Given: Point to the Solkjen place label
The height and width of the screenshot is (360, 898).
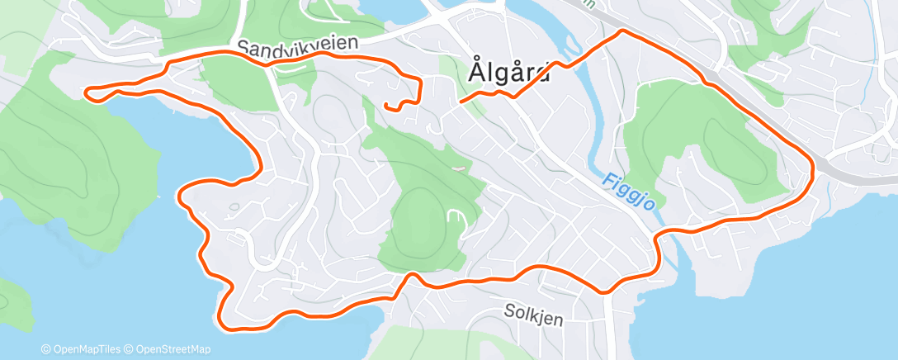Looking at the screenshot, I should (x=533, y=312).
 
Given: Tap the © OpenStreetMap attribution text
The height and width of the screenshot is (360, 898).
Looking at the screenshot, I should (x=173, y=349).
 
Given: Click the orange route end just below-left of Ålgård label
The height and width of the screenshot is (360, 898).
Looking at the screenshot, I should (x=461, y=101).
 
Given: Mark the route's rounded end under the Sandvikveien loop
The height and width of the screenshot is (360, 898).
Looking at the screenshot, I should (x=386, y=105).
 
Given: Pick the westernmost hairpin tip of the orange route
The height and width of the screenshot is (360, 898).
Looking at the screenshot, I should (x=87, y=92).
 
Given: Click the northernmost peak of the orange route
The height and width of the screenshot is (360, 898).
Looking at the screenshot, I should (x=622, y=31).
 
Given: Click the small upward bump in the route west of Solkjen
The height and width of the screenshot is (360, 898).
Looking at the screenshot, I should (x=409, y=276).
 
